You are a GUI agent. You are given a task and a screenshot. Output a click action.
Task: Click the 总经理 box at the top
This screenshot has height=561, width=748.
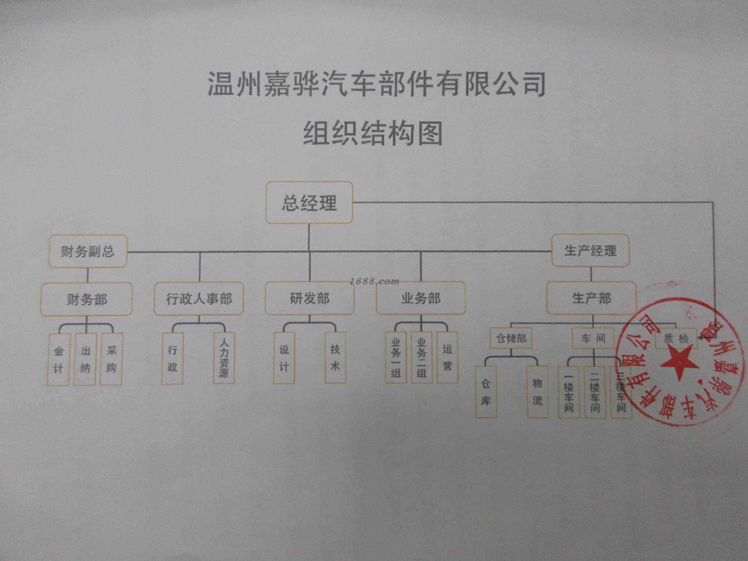pyautogui.click(x=309, y=203)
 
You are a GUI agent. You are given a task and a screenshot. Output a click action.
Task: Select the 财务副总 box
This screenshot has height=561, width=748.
pyautogui.click(x=88, y=251)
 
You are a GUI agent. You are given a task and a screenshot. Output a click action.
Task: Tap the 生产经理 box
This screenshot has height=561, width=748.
pyautogui.click(x=590, y=251)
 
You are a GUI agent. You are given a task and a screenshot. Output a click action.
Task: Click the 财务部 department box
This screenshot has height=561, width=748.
pyautogui.click(x=87, y=299)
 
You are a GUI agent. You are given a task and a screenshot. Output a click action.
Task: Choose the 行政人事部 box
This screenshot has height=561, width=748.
pyautogui.click(x=199, y=298)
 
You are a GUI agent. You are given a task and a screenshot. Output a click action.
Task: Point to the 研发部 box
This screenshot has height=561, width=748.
pyautogui.click(x=310, y=298)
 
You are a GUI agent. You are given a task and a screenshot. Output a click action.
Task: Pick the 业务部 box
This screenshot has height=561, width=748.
pyautogui.click(x=421, y=298)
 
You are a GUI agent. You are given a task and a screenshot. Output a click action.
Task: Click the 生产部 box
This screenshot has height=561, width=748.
pyautogui.click(x=591, y=298)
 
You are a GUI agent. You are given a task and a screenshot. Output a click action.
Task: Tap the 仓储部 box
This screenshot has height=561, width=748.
pyautogui.click(x=511, y=338)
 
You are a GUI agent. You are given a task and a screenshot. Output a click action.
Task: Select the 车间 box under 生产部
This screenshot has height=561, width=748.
pyautogui.click(x=593, y=338)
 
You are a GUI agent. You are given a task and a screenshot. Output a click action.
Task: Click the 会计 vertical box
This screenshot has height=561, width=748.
pyautogui.click(x=58, y=359)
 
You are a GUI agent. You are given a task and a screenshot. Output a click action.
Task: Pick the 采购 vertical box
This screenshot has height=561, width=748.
pyautogui.click(x=111, y=359)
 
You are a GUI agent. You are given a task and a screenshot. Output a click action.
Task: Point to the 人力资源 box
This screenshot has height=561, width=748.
pyautogui.click(x=224, y=358)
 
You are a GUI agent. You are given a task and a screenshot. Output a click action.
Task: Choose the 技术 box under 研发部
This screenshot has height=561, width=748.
pyautogui.click(x=335, y=358)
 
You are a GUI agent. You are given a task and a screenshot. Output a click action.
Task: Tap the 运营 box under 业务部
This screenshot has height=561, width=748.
pyautogui.click(x=447, y=358)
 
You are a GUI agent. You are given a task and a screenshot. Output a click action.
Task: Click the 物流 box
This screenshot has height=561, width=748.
pyautogui.click(x=537, y=392)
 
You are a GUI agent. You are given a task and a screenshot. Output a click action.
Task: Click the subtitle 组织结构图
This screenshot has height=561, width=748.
pyautogui.click(x=373, y=133)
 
